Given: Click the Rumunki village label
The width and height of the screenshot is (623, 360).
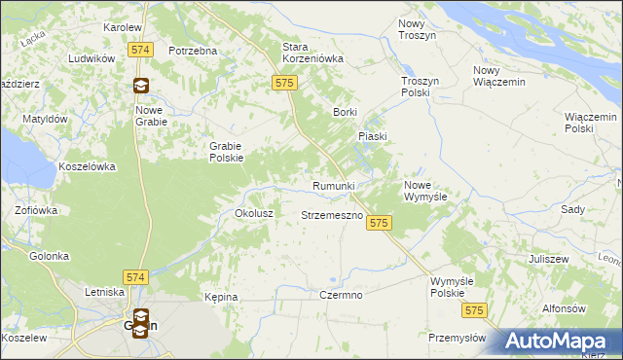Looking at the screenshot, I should (x=333, y=185).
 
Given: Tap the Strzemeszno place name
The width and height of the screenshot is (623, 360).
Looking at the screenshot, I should (x=332, y=214).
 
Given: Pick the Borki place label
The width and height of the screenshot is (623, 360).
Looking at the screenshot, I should (x=346, y=112).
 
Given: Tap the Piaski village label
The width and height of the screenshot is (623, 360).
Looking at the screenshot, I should (x=373, y=137).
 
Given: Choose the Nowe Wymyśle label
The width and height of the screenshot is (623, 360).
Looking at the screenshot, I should (x=425, y=190).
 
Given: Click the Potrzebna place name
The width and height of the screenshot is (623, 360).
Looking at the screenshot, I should (x=192, y=51).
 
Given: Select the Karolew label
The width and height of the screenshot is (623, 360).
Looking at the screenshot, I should (x=123, y=27).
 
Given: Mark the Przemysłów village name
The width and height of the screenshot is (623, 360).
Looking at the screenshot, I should (x=457, y=338).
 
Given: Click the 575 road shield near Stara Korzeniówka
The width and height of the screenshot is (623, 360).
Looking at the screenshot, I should (x=284, y=85).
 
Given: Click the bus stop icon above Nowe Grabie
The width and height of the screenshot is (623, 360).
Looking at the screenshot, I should (x=142, y=85).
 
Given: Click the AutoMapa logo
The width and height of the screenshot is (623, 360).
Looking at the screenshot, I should (x=560, y=341).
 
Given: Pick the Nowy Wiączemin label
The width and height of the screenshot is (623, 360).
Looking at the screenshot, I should (x=498, y=76).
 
